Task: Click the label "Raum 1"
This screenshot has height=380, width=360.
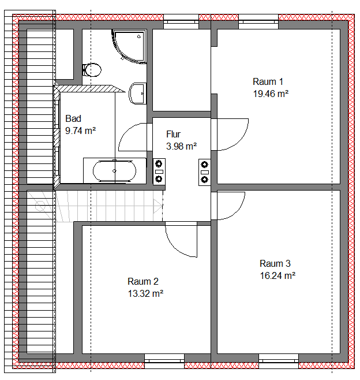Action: pos(268,81)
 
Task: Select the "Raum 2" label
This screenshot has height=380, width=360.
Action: pos(143,282)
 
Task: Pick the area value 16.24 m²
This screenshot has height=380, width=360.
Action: pos(277,275)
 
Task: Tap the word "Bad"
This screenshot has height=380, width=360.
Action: pos(73,119)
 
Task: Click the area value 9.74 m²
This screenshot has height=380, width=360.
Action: pos(80,131)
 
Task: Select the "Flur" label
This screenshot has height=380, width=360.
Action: pos(174,134)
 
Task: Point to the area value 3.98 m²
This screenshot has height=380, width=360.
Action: pos(181,146)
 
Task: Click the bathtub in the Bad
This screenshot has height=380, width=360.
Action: pos(115,170)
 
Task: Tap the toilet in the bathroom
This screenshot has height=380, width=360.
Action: pos(92,70)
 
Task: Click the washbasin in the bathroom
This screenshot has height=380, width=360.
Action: pos(137,92)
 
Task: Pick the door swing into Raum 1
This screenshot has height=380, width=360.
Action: pos(232,135)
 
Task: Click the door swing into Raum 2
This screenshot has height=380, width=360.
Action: pos(181,239)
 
